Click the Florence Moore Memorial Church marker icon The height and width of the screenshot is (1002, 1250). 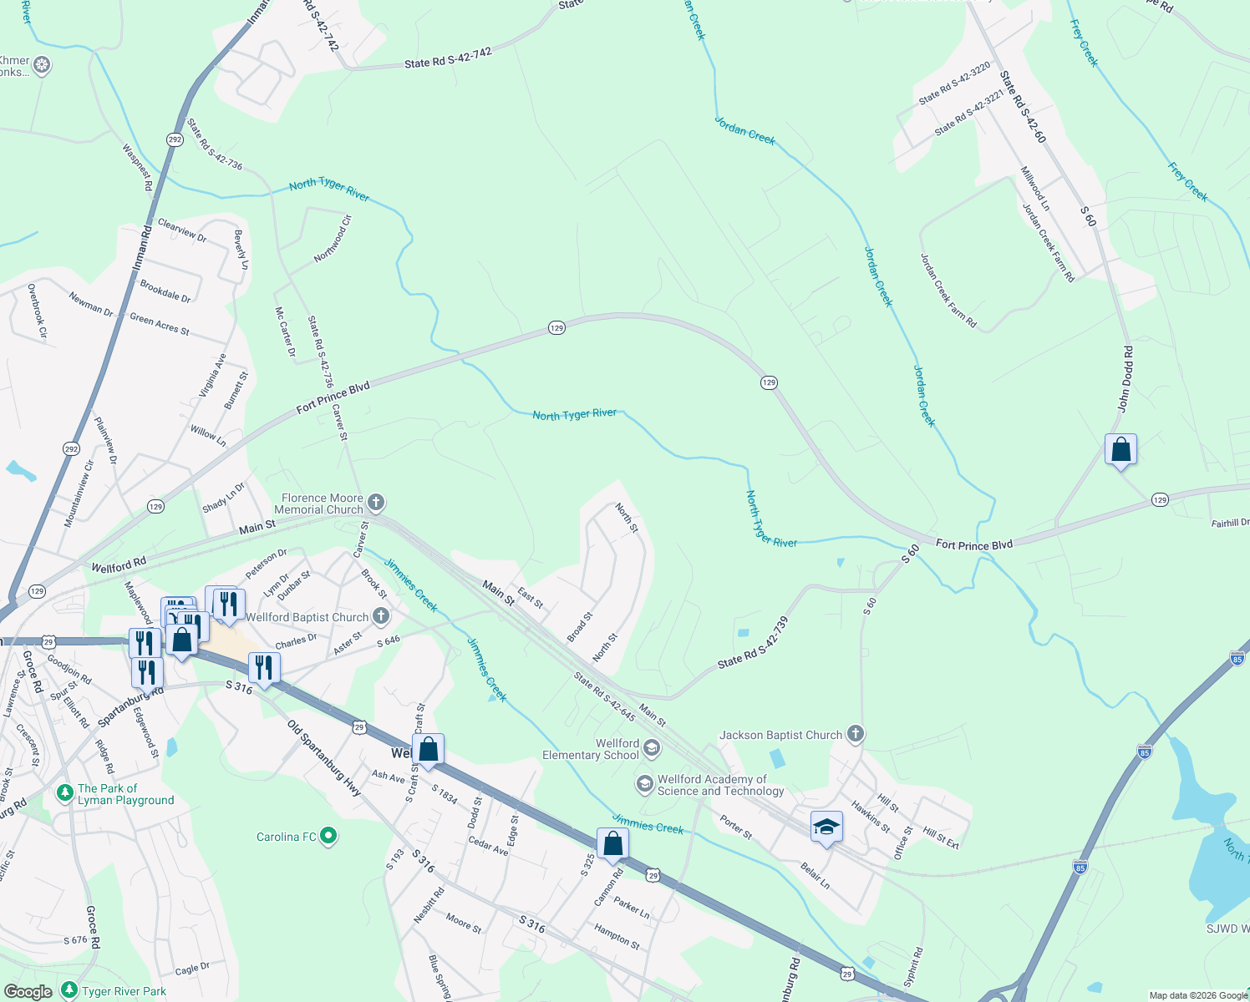pyautogui.click(x=376, y=502)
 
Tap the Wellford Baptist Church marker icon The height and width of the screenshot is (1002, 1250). pyautogui.click(x=381, y=617)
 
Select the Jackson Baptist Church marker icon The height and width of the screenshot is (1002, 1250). pyautogui.click(x=855, y=734)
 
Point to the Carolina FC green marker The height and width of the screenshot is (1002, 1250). pyautogui.click(x=328, y=835)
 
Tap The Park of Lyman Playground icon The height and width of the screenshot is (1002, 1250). pyautogui.click(x=65, y=792)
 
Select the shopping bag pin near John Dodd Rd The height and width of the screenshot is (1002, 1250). pyautogui.click(x=1120, y=450)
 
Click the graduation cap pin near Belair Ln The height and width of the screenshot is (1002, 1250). pyautogui.click(x=826, y=827)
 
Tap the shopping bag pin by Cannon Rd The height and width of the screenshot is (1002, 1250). pyautogui.click(x=612, y=844)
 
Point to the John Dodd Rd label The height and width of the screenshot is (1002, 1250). pyautogui.click(x=1126, y=379)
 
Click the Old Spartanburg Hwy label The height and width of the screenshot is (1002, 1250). pyautogui.click(x=324, y=757)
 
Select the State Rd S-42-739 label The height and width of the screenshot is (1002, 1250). pyautogui.click(x=753, y=643)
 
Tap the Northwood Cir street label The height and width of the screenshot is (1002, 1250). pyautogui.click(x=333, y=239)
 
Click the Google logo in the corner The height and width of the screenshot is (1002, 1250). pyautogui.click(x=28, y=991)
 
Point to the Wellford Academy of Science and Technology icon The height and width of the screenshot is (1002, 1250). pyautogui.click(x=644, y=783)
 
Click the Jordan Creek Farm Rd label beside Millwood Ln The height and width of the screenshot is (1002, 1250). pyautogui.click(x=1049, y=242)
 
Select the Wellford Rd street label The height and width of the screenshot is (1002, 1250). pyautogui.click(x=119, y=565)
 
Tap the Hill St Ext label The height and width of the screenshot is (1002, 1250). pyautogui.click(x=941, y=838)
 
